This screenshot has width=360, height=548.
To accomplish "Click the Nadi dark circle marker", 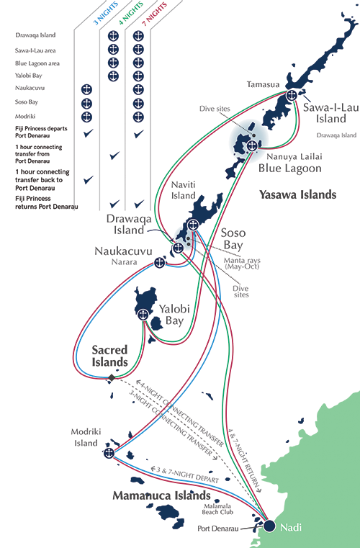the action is [269, 526].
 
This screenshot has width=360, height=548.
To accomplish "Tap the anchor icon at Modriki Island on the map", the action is [109, 453].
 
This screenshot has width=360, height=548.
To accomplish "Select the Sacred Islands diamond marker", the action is [112, 378].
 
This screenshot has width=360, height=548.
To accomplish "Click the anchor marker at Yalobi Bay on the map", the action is [143, 315].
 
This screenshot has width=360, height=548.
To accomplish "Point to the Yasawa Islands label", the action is [298, 194].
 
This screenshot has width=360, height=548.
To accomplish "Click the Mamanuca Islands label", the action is [161, 495].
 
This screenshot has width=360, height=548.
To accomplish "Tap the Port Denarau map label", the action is [217, 529].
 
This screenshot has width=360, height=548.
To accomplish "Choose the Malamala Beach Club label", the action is [217, 509].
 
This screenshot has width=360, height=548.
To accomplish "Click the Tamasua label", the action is [264, 84].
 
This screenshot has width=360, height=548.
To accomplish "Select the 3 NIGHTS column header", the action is [106, 14].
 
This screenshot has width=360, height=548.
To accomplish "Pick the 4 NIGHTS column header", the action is [131, 13].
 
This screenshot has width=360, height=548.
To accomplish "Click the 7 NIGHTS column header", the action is [155, 14].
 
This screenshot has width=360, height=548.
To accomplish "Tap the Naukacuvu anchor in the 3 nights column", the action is [86, 89].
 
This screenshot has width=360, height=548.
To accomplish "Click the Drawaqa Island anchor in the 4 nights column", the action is [113, 36].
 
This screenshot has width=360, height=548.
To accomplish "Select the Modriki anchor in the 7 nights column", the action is [138, 117].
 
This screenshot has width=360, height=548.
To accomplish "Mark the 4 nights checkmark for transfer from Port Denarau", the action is [114, 155].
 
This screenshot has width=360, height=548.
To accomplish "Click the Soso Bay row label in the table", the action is [27, 102].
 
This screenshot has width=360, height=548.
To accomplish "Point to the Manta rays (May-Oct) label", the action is [242, 263].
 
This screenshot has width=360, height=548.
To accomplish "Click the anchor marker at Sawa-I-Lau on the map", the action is [292, 95].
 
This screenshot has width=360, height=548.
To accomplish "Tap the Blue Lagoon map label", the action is [289, 168].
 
